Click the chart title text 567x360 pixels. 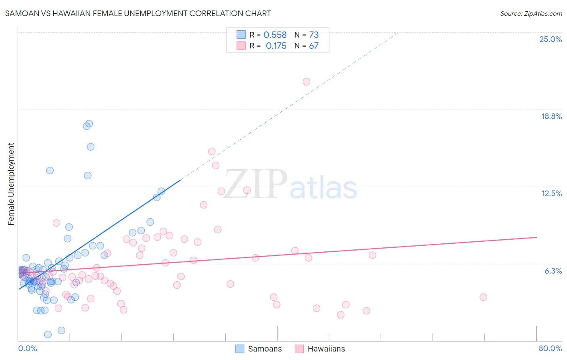(138, 13)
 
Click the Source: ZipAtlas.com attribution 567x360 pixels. (531, 13)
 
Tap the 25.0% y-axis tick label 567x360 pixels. (550, 39)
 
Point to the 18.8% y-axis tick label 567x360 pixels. (551, 116)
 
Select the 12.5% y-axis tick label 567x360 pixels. (551, 193)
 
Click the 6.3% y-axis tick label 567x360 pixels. (553, 271)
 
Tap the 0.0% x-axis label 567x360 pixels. (27, 348)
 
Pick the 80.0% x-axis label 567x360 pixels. (550, 348)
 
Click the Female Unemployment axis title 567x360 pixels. (11, 184)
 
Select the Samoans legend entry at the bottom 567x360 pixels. (258, 349)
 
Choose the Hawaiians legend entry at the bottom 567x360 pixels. (320, 349)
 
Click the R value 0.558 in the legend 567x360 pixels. (275, 35)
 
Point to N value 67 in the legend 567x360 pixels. (314, 46)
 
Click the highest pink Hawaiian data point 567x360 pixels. (306, 82)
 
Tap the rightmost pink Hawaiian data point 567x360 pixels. (484, 297)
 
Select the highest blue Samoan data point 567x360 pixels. (89, 123)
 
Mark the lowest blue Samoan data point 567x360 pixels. (48, 334)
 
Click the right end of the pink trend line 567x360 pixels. (536, 237)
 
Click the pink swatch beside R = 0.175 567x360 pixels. (241, 46)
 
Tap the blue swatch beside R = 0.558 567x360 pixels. (241, 35)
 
